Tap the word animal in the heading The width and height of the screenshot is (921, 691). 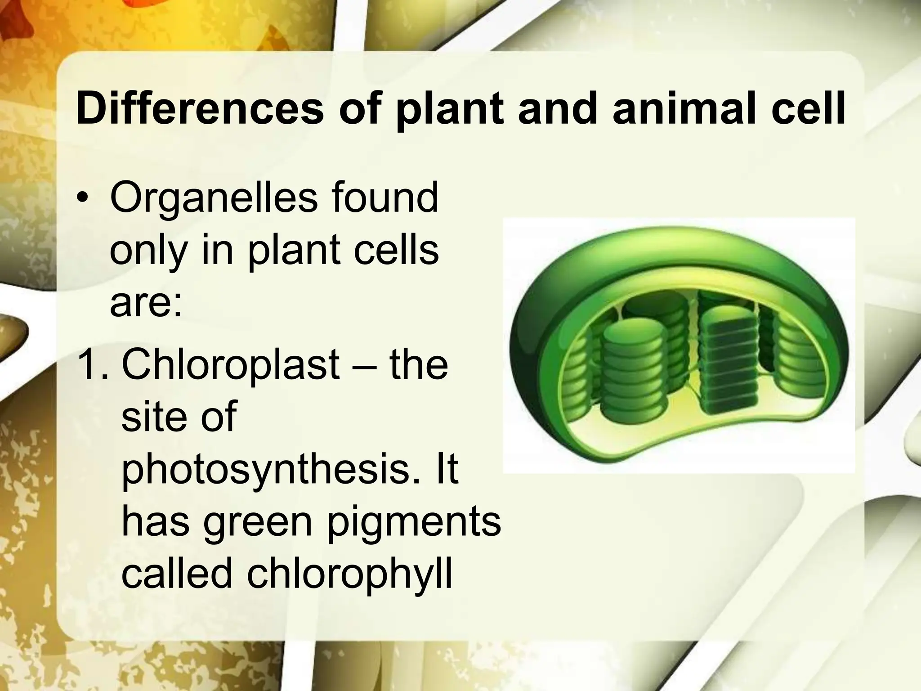[691, 109]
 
